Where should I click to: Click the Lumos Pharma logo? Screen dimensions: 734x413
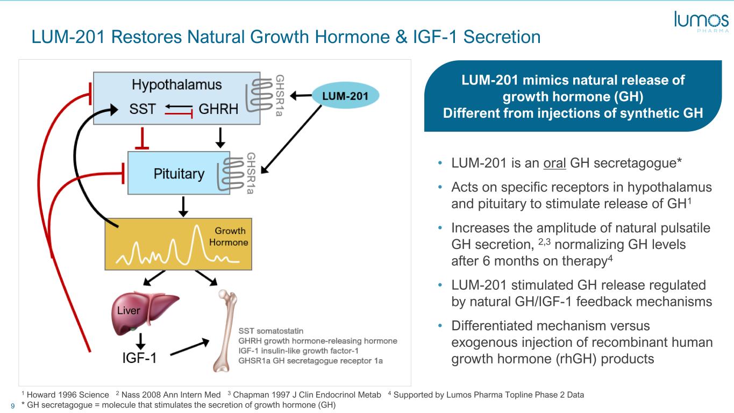(x=701, y=22)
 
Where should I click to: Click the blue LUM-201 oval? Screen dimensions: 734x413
(x=345, y=96)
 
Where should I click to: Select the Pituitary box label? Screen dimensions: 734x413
(x=179, y=174)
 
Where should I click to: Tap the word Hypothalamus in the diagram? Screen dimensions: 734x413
(x=176, y=84)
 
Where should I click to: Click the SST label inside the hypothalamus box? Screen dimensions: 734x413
(x=142, y=109)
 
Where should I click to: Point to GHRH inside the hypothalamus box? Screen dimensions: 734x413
(x=218, y=109)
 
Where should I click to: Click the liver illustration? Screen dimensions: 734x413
(x=144, y=313)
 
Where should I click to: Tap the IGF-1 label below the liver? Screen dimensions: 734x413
(x=140, y=358)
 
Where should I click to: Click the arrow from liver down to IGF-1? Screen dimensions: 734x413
(x=140, y=341)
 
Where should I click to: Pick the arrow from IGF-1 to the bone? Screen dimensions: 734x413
(x=190, y=347)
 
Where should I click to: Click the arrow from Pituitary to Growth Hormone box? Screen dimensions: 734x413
(x=183, y=206)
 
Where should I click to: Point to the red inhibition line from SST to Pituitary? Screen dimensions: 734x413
(x=142, y=138)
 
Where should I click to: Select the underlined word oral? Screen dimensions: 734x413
(x=554, y=163)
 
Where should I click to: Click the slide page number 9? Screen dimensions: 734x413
(x=13, y=406)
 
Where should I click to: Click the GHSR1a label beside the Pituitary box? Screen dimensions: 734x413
(x=251, y=173)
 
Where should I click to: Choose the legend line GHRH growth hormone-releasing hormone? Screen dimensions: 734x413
(x=317, y=341)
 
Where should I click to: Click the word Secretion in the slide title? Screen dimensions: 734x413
(x=502, y=37)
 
